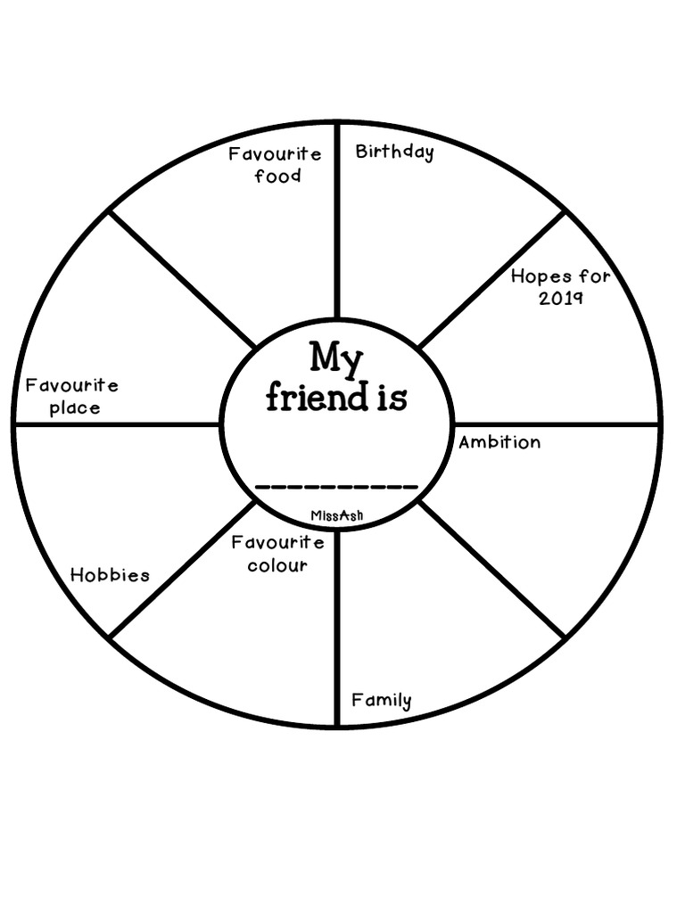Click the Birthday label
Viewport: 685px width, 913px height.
pos(394,152)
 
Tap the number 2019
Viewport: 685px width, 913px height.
pos(560,298)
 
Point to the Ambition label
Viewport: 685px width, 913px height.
pos(499,442)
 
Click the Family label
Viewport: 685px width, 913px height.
pos(381,700)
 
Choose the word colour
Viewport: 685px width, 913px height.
pos(277,565)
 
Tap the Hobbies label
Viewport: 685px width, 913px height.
pos(110,575)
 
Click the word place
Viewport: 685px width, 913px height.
pos(75,408)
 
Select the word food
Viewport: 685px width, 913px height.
pos(277,176)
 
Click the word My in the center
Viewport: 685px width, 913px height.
pos(336,358)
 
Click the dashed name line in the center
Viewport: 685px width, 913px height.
pos(336,487)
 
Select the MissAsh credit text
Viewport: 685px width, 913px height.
pos(336,515)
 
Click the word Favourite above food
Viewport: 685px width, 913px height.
pos(275,153)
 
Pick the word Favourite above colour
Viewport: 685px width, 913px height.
pos(277,543)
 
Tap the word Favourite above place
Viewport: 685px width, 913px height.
pos(71,386)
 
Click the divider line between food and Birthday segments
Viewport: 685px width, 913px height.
pos(337,223)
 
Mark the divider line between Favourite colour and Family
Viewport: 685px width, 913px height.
pos(337,624)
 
